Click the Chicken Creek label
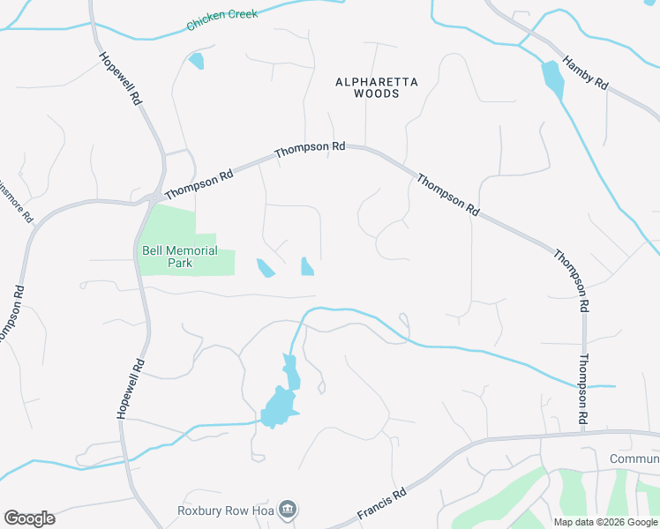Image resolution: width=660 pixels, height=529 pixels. click(x=221, y=20)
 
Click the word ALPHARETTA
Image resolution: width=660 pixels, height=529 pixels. click(x=377, y=82)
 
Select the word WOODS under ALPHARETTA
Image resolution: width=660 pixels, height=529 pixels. click(x=377, y=93)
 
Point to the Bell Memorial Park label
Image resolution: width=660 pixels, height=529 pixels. click(x=179, y=257)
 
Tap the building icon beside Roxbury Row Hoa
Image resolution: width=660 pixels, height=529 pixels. click(x=287, y=509)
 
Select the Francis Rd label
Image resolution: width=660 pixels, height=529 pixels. click(x=381, y=503)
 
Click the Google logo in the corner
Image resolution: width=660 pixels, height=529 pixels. click(x=29, y=518)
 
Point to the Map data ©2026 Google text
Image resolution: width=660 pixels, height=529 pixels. click(x=605, y=522)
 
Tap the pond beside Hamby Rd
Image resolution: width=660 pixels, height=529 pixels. click(x=553, y=79)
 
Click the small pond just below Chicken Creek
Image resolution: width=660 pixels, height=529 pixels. click(x=196, y=61)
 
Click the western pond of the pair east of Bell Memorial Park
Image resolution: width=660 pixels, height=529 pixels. click(x=265, y=268)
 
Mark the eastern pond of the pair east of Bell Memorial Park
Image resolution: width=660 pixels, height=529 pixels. click(x=307, y=266)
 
